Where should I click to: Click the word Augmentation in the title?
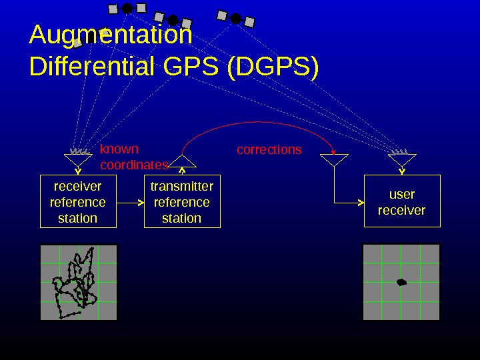click(111, 35)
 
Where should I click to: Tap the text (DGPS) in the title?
click(273, 67)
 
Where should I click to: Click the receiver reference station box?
click(78, 201)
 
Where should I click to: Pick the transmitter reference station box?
click(182, 201)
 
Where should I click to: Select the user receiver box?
click(401, 201)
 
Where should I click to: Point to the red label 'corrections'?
click(269, 150)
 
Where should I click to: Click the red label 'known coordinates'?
click(132, 157)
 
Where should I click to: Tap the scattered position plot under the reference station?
click(79, 282)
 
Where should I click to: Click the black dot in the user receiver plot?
click(401, 282)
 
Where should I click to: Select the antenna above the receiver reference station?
click(78, 158)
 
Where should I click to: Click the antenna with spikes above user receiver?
click(401, 158)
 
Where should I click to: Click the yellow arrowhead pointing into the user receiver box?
click(360, 202)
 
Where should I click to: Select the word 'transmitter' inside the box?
click(182, 186)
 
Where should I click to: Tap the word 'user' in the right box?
click(401, 194)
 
